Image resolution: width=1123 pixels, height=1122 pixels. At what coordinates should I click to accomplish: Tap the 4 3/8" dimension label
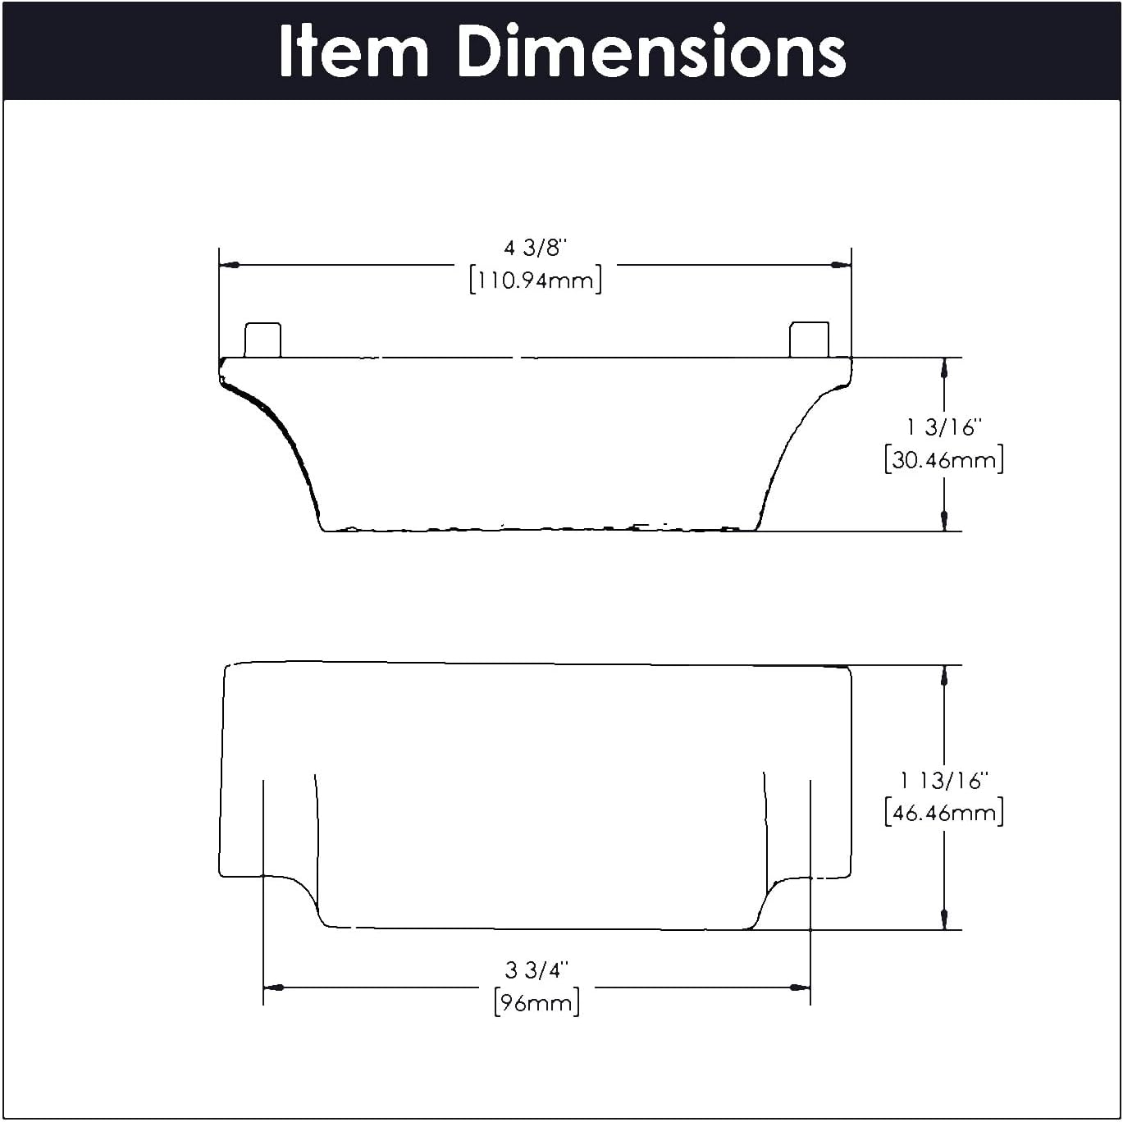(535, 248)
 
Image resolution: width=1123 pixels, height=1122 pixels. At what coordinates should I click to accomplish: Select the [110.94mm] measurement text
(536, 280)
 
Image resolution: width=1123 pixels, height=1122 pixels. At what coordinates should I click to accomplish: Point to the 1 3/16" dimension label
(943, 427)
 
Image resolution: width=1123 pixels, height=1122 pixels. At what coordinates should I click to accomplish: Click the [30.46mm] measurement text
(943, 460)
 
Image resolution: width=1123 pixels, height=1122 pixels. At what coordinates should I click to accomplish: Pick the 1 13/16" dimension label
(943, 781)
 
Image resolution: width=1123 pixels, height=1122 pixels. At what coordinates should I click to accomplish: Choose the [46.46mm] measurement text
(943, 814)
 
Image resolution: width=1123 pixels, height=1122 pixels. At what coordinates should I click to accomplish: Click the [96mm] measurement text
(536, 1003)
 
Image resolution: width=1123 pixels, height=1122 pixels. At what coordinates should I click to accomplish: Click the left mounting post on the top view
(262, 340)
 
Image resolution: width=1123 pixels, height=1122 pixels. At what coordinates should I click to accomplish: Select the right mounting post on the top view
(809, 340)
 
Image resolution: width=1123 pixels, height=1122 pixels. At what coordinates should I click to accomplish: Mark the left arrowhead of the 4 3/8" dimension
(230, 266)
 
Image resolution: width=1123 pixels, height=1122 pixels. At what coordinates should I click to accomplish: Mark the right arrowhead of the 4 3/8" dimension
(841, 265)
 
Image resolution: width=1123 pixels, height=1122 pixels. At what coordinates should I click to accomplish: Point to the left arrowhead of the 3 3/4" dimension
(274, 987)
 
